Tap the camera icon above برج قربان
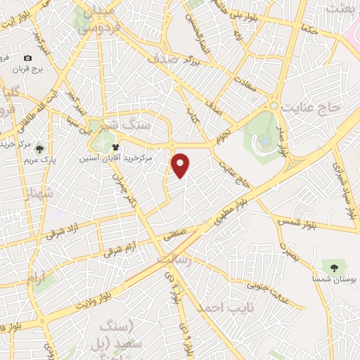pos(27,58)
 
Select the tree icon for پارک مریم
pos(40,148)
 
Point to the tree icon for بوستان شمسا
pos(333,266)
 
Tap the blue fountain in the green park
pos(264,141)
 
